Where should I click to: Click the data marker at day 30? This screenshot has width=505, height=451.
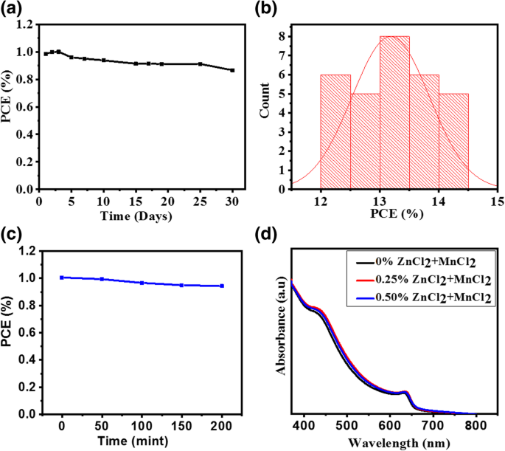coord(232,70)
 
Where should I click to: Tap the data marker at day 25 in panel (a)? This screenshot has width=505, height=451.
coord(201,63)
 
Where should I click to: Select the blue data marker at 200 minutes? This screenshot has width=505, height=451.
coord(221,286)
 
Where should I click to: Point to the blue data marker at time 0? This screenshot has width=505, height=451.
coord(62,278)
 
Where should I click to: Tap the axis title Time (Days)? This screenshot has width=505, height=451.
coord(136,216)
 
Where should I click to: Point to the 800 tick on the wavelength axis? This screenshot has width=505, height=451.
coord(476,426)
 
